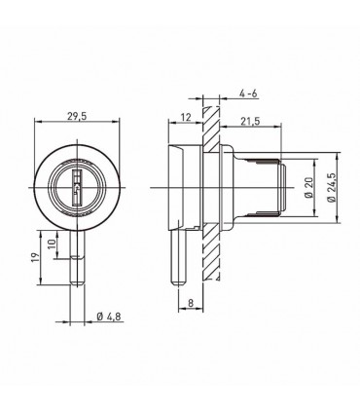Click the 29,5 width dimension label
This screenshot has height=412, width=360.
77,117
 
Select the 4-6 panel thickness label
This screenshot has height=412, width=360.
248,94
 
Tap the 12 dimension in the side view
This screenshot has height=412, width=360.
186,117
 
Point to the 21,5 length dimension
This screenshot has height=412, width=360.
250,121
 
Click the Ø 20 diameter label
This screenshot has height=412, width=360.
309,188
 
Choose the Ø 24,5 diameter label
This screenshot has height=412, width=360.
332,188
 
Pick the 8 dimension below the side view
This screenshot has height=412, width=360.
191,303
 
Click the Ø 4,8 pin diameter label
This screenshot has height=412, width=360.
109,317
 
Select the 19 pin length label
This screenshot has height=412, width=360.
36,257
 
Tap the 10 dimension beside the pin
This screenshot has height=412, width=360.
53,243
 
